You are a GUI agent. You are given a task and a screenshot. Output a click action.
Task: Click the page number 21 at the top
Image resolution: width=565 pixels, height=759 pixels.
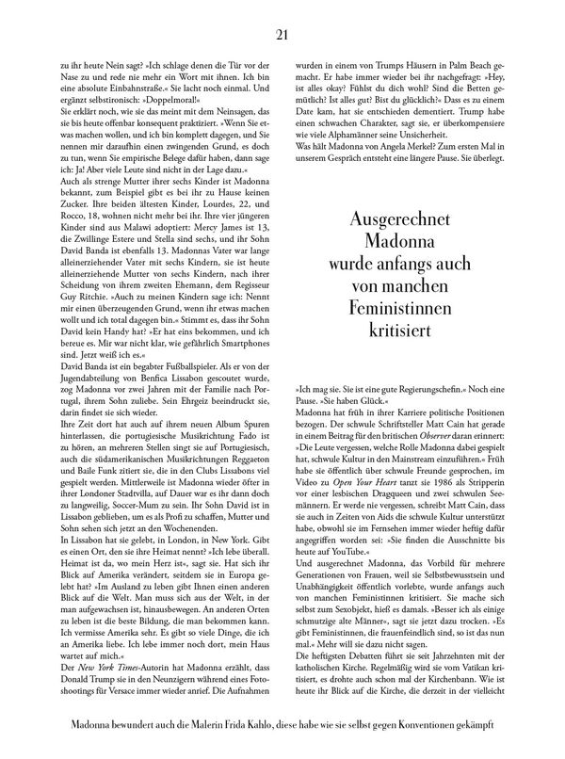(282, 36)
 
